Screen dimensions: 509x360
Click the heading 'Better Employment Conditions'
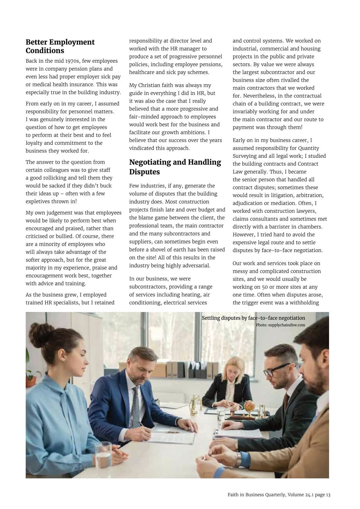click(x=60, y=46)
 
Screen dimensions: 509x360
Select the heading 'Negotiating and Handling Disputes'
click(x=175, y=167)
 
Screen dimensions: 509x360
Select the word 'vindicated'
click(x=142, y=148)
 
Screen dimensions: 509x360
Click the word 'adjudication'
click(x=248, y=203)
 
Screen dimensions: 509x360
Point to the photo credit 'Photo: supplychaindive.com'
click(x=280, y=325)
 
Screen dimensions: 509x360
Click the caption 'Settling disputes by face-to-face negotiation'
click(x=253, y=318)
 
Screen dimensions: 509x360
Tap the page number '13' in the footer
click(x=328, y=495)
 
